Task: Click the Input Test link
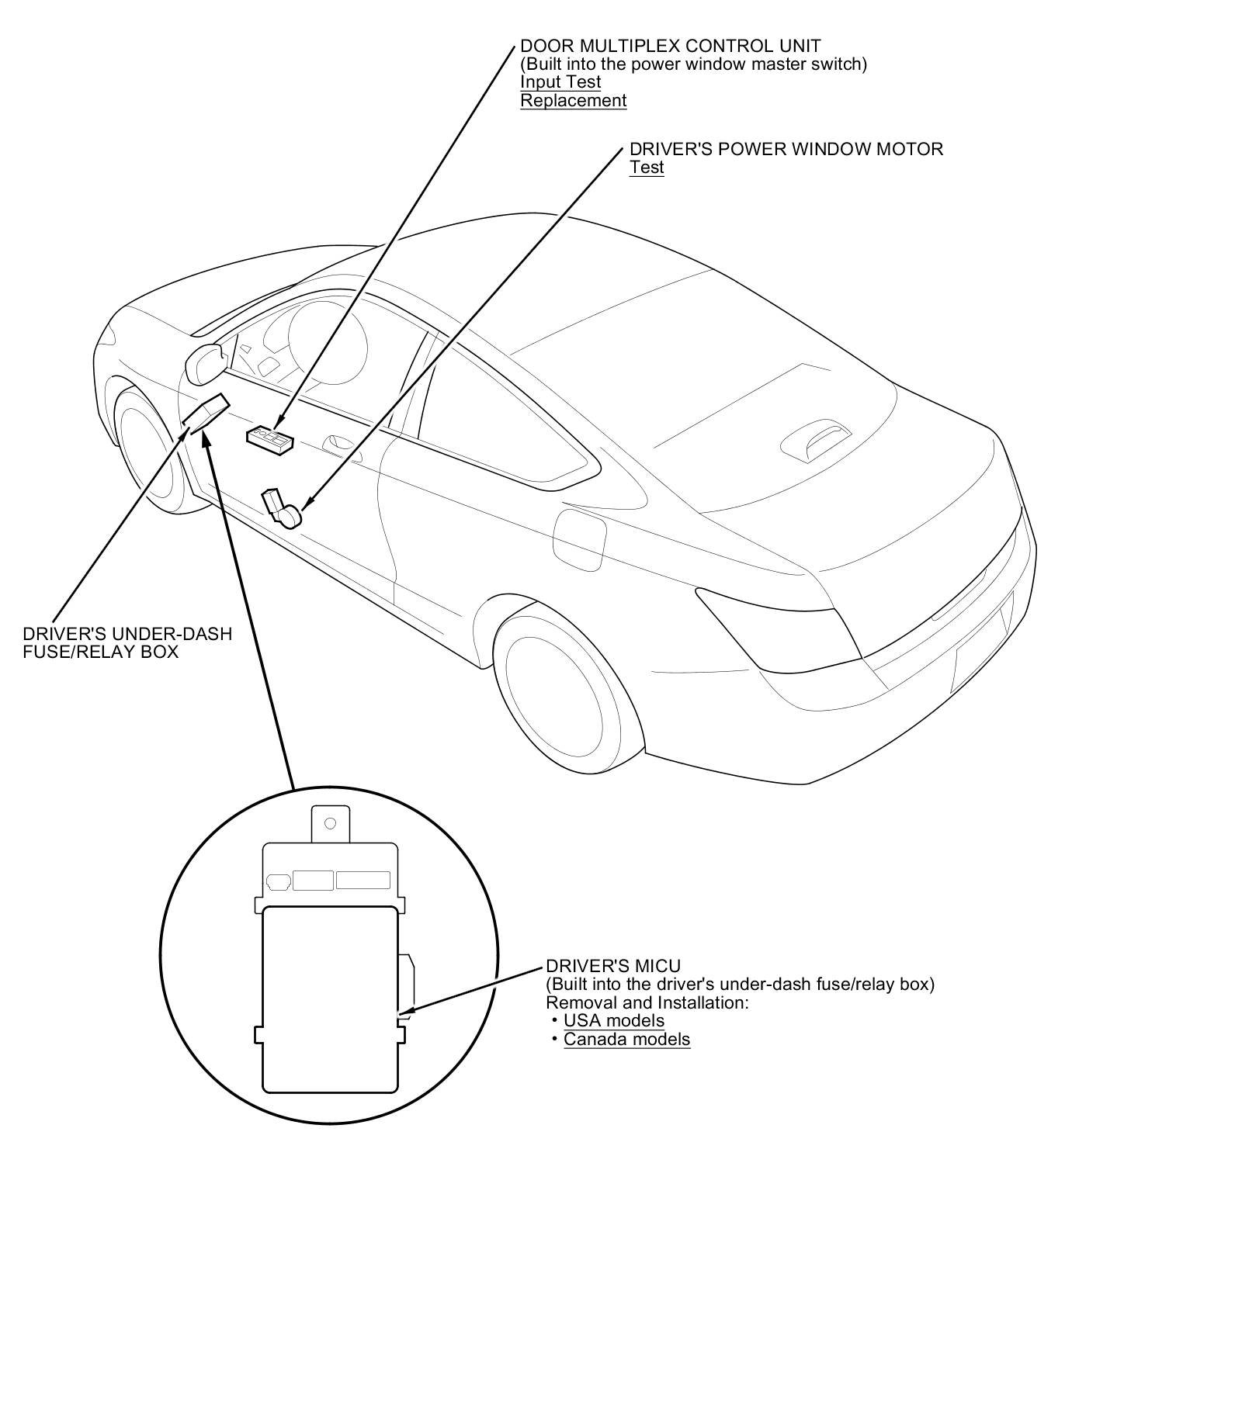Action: pyautogui.click(x=560, y=82)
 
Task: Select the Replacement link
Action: pyautogui.click(x=573, y=101)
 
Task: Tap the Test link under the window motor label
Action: pyautogui.click(x=647, y=168)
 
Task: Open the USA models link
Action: pyautogui.click(x=614, y=1021)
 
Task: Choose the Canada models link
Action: pyautogui.click(x=626, y=1040)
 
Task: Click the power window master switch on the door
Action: pyautogui.click(x=269, y=439)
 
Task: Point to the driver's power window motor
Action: pyautogui.click(x=283, y=508)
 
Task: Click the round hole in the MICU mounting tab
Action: pyautogui.click(x=330, y=823)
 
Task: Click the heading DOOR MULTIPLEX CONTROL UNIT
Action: pyautogui.click(x=670, y=47)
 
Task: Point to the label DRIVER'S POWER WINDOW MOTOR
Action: pyautogui.click(x=786, y=149)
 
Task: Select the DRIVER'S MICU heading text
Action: pyautogui.click(x=613, y=966)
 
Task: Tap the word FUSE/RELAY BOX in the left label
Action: pyautogui.click(x=100, y=652)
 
